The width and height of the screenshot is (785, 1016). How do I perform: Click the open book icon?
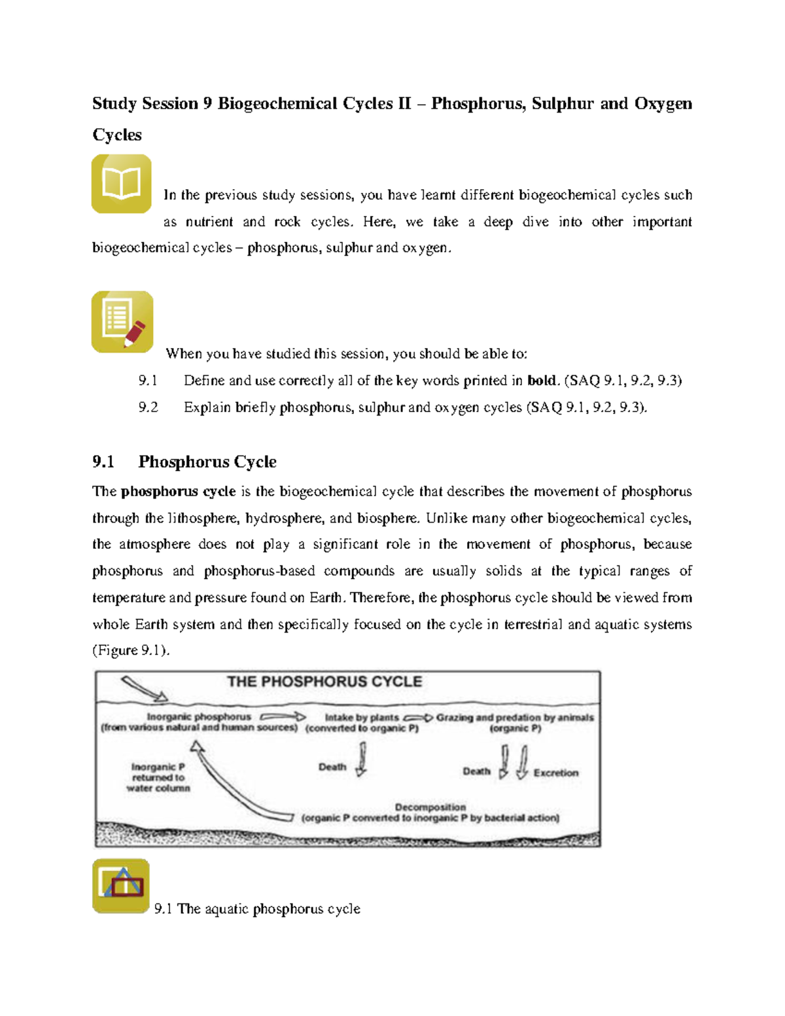122,184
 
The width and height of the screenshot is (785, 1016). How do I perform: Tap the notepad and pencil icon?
122,322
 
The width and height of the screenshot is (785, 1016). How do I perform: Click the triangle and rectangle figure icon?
121,886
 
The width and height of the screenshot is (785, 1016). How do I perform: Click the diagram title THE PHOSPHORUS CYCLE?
324,682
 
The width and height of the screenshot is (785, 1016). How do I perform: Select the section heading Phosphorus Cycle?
207,462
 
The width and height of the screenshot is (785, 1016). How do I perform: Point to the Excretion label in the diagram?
556,773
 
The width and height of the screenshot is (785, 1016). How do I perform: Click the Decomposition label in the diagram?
430,807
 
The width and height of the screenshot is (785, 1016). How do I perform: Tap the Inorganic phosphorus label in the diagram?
199,717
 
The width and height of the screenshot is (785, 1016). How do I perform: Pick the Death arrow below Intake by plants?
362,760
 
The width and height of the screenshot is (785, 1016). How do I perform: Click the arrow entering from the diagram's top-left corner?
145,689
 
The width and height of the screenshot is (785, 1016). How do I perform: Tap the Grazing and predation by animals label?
515,718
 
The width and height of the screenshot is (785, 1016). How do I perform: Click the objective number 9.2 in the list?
148,408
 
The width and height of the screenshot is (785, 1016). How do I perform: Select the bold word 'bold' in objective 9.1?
541,381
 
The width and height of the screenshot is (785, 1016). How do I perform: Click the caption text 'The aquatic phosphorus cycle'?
269,909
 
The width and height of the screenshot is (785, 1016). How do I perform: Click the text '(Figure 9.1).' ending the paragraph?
131,650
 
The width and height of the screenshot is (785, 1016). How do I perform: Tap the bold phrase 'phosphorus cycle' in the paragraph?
178,491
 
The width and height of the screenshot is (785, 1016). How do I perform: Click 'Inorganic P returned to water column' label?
158,778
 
